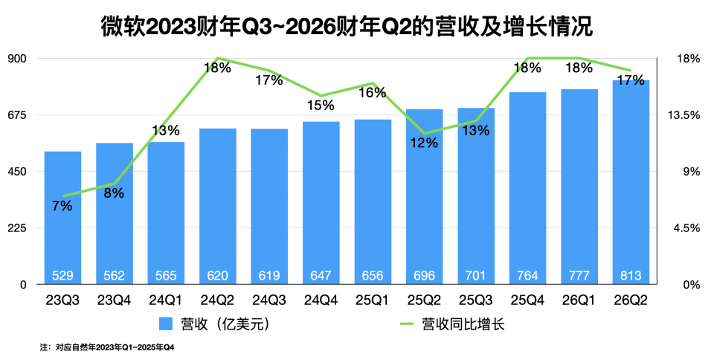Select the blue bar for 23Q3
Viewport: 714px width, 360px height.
[62, 223]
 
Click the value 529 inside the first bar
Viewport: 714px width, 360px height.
[62, 276]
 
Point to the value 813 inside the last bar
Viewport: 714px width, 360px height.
[631, 276]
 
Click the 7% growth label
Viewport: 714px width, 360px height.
[62, 206]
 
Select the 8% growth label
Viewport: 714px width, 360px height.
[114, 193]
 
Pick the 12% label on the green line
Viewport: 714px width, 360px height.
[425, 144]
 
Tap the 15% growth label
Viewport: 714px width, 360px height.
[321, 106]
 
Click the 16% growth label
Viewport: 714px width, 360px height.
[373, 93]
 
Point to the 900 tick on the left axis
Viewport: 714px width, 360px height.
[18, 59]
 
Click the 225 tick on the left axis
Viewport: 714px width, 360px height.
[18, 228]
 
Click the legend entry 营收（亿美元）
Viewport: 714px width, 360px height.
[215, 324]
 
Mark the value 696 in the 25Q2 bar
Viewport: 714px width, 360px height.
[424, 276]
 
